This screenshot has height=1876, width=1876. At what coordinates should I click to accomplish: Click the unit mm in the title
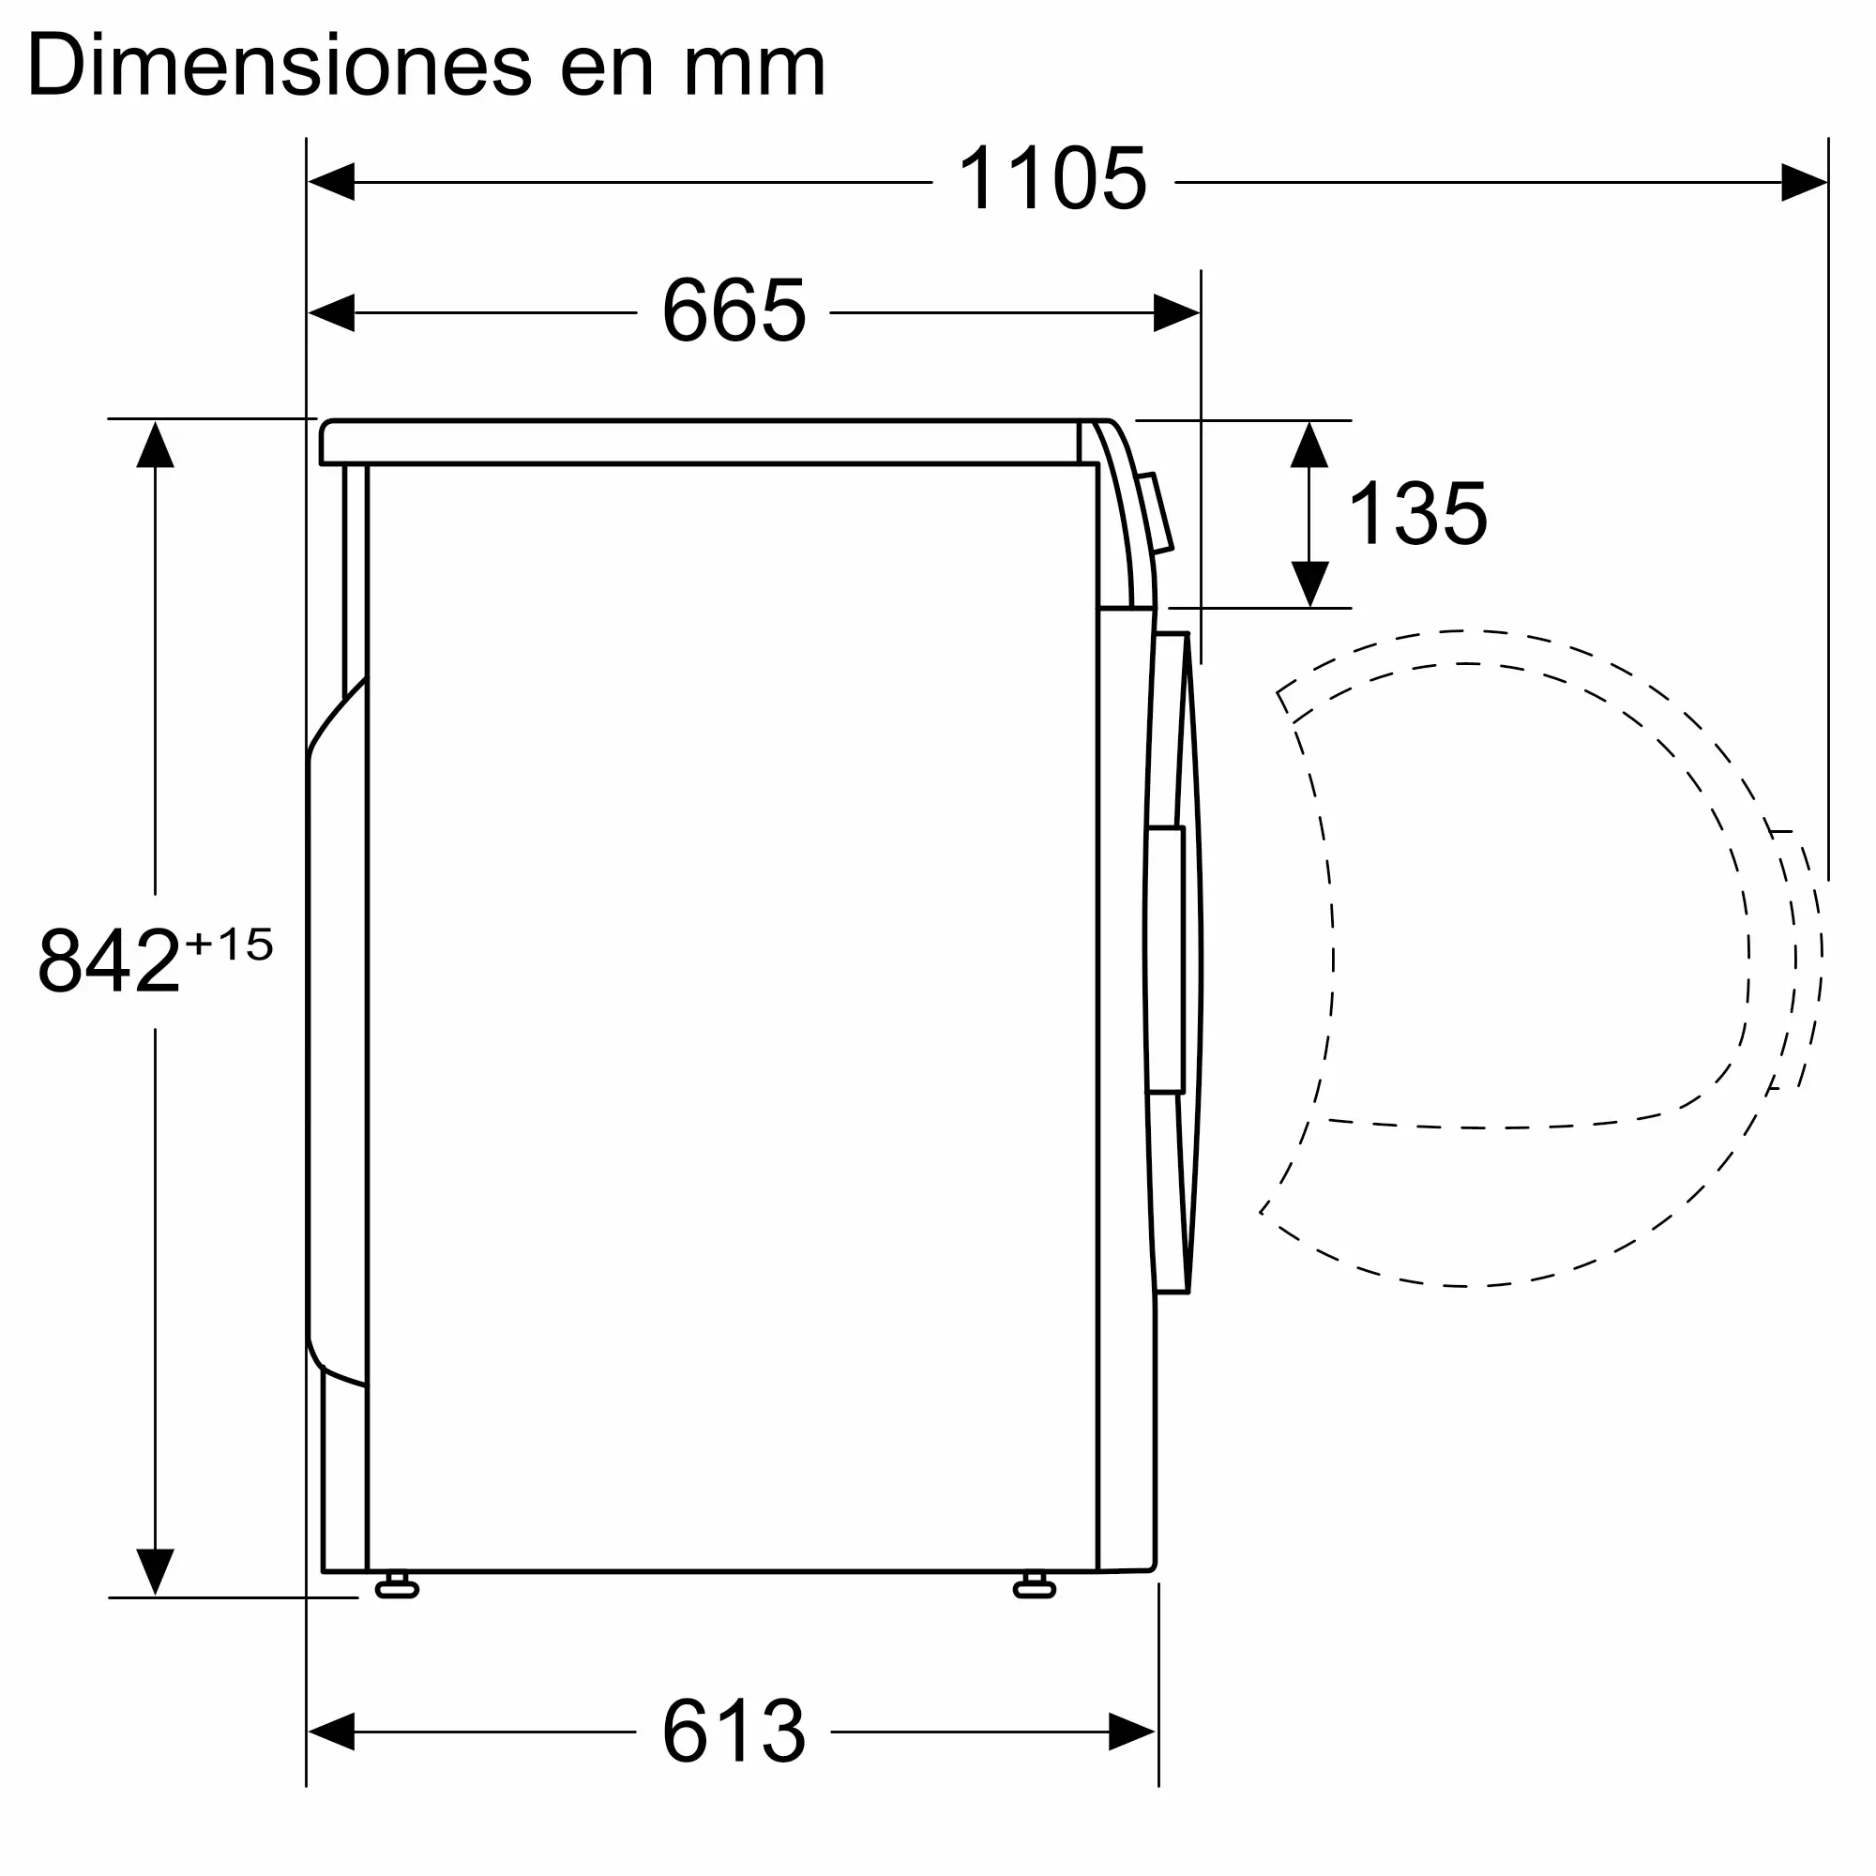pyautogui.click(x=754, y=73)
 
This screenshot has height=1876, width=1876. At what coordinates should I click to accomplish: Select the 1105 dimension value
pyautogui.click(x=1052, y=178)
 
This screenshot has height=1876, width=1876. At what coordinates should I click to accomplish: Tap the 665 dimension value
pyautogui.click(x=734, y=310)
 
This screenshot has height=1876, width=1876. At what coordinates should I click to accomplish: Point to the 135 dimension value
pyautogui.click(x=1417, y=514)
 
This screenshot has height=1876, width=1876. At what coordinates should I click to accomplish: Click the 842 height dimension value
pyautogui.click(x=109, y=961)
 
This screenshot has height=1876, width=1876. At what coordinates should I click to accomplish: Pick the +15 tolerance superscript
pyautogui.click(x=229, y=944)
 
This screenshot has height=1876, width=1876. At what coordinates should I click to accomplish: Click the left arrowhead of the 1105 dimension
pyautogui.click(x=331, y=182)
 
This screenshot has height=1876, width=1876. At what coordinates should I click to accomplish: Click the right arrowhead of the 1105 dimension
pyautogui.click(x=1804, y=182)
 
